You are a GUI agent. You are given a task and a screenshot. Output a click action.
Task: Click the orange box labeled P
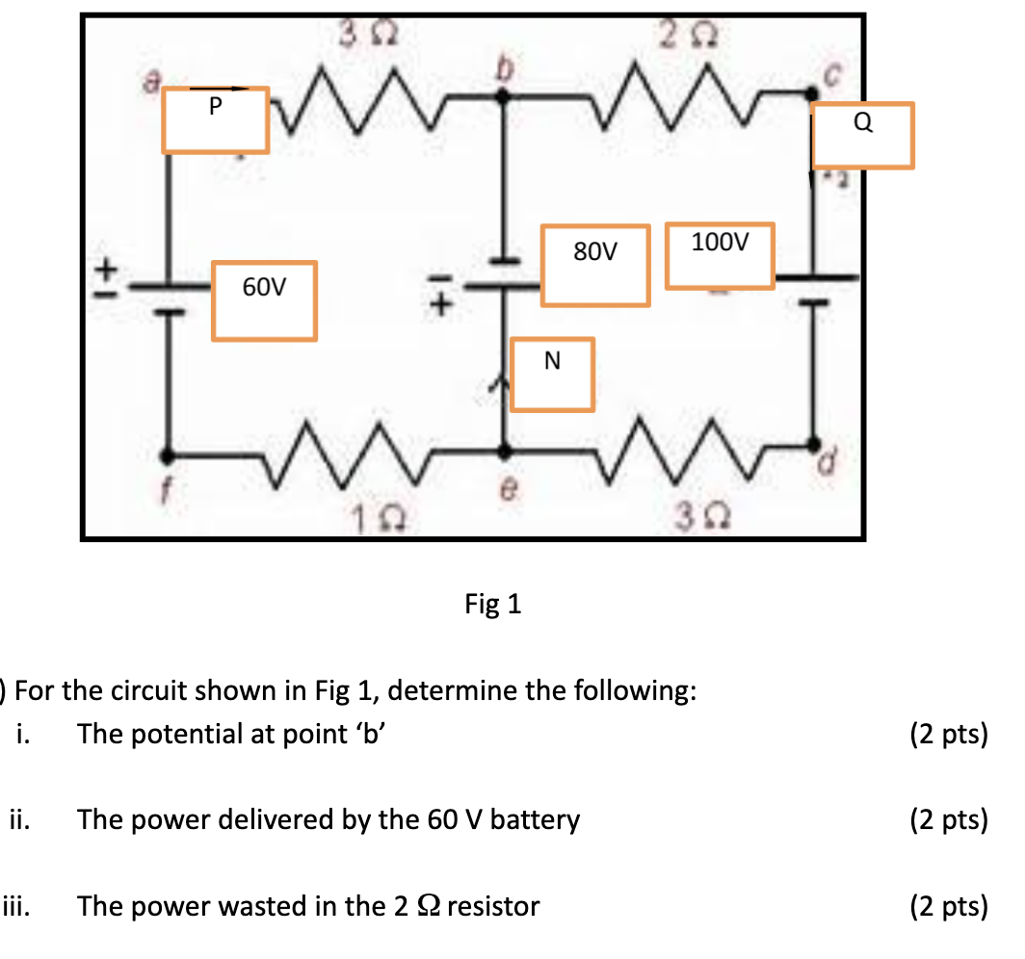coord(215,119)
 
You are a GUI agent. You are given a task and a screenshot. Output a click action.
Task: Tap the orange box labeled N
coord(551,374)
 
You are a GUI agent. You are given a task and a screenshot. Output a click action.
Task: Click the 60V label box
coord(264,300)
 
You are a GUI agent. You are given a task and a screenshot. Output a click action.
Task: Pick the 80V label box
coord(595,266)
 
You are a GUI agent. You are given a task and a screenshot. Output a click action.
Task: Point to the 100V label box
coord(719,257)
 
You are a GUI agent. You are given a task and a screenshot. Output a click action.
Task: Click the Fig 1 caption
coord(492,604)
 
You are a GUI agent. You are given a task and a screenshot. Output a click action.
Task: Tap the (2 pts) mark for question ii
coord(948,820)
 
